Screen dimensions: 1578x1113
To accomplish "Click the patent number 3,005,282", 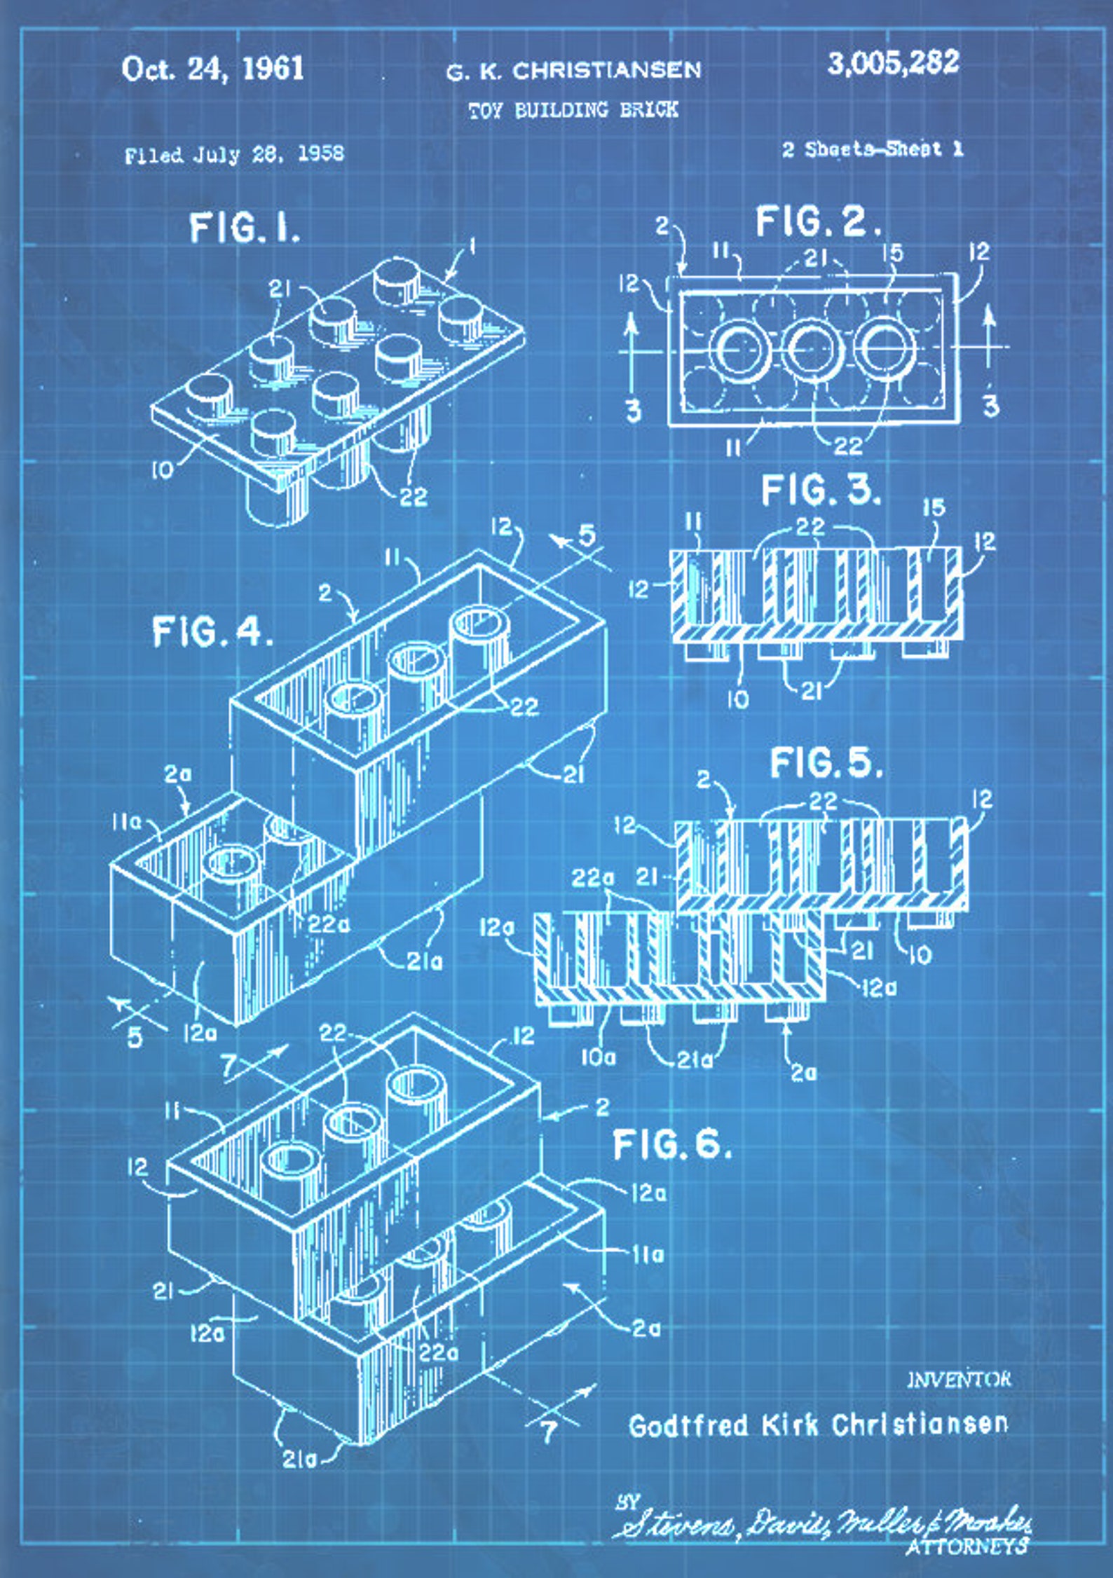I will pyautogui.click(x=893, y=63).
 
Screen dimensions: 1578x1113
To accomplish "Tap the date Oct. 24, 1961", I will pyautogui.click(x=212, y=69).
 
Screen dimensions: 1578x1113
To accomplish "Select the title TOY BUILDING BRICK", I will pyautogui.click(x=573, y=110).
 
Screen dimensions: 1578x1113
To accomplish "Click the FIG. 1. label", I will pyautogui.click(x=245, y=228).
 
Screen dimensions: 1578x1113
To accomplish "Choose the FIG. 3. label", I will pyautogui.click(x=821, y=490).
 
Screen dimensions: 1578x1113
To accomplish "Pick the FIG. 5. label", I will pyautogui.click(x=826, y=762).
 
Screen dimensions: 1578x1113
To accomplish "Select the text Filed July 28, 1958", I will pyautogui.click(x=234, y=155).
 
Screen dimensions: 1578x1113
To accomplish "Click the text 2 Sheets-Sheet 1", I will pyautogui.click(x=873, y=149).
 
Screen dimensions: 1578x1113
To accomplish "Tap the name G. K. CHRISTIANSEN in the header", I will pyautogui.click(x=573, y=71).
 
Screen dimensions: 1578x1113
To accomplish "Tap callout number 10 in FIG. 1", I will pyautogui.click(x=162, y=470).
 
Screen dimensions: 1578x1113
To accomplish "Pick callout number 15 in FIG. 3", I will pyautogui.click(x=934, y=508).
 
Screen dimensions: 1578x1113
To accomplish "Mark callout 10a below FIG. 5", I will pyautogui.click(x=597, y=1057).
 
